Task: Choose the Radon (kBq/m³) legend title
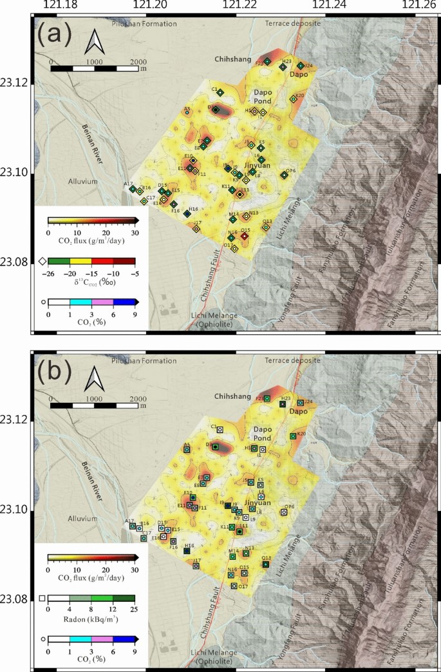coord(90,621)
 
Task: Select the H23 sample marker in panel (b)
coord(283,404)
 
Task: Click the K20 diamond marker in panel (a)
coord(294,99)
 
